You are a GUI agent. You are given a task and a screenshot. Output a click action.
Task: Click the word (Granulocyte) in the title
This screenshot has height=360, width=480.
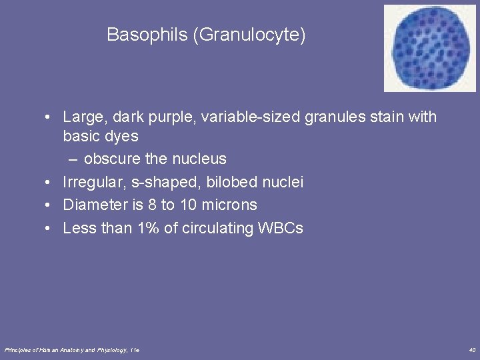click(x=249, y=35)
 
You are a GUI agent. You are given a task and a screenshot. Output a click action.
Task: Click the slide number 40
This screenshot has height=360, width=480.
click(x=472, y=350)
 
